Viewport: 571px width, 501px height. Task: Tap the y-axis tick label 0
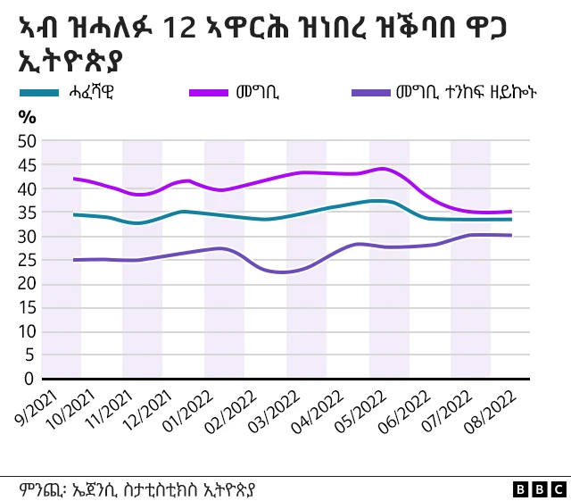[x=29, y=379]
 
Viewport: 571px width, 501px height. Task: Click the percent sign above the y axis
[x=27, y=117]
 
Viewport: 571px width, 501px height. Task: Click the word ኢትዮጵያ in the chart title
[x=70, y=63]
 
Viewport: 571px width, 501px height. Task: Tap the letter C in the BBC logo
[x=557, y=488]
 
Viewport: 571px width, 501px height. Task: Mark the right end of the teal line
[x=511, y=219]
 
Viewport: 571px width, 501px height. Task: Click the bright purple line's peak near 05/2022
[x=382, y=168]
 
